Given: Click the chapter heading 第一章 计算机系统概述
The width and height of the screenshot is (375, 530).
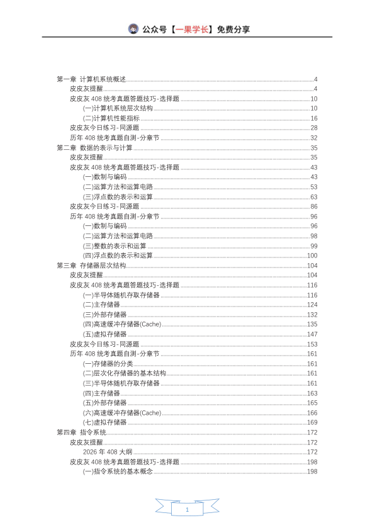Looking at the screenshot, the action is click(91, 79).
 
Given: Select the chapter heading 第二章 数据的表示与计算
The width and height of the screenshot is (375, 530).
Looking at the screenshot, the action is click(94, 148).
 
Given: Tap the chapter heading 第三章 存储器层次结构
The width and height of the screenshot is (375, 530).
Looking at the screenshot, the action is click(91, 266).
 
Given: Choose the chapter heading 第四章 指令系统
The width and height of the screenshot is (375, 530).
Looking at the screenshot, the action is click(81, 432).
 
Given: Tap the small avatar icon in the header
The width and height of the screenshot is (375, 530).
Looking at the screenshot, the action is click(133, 29).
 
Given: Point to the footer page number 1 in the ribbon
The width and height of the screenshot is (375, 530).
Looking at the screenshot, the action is click(187, 509).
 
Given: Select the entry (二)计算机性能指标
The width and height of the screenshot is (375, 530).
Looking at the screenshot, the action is click(111, 118).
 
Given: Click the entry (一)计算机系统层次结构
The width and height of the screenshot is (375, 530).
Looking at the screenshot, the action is click(118, 108).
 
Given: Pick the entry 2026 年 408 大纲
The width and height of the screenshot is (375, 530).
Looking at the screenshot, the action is click(107, 452).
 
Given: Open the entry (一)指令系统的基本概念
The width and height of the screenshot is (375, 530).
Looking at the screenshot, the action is click(118, 471).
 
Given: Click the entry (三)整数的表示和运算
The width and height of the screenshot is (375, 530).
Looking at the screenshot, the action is click(115, 245).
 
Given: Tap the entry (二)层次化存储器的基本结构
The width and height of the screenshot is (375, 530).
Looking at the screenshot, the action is click(125, 373).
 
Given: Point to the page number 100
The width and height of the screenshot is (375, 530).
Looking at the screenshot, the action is click(312, 256).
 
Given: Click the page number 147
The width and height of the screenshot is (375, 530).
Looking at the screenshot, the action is click(312, 334).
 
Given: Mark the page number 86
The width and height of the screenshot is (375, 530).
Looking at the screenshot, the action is click(313, 206).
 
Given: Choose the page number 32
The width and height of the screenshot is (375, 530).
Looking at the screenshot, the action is click(313, 138).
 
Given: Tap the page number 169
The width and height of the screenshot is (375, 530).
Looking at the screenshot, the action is click(312, 422).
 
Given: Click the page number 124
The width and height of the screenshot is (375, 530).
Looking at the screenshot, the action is click(312, 305).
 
